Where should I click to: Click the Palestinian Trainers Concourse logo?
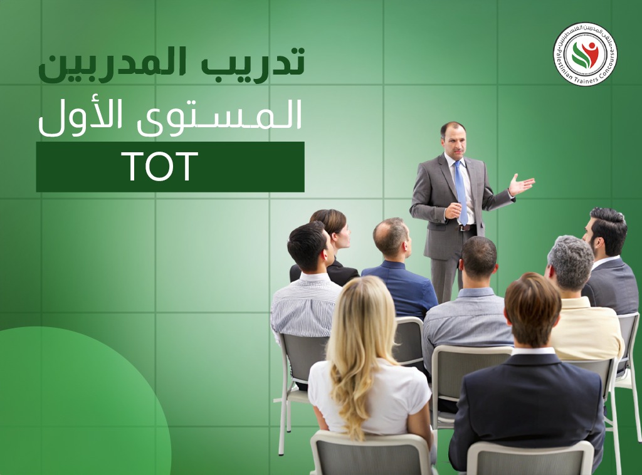coord(585,54)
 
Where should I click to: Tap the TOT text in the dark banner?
coord(160,167)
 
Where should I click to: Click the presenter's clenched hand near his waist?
coord(453,211)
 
